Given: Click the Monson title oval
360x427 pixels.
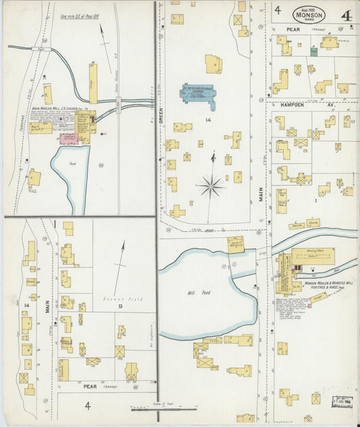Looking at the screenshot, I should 309,14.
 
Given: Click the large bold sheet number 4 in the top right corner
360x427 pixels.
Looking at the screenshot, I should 346,16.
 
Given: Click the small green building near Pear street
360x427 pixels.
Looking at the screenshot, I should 313,51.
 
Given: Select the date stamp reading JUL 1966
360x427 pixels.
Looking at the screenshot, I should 345,403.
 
